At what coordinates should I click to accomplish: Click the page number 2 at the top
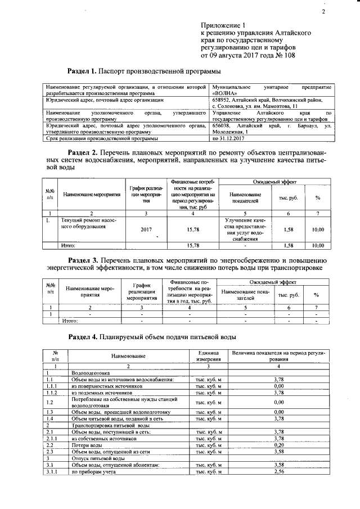323,12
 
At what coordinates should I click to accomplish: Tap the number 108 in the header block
287,56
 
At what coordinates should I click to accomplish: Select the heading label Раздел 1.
82,71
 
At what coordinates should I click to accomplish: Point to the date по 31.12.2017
230,138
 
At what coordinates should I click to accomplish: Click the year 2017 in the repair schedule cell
146,229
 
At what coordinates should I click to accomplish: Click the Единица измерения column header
205,356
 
